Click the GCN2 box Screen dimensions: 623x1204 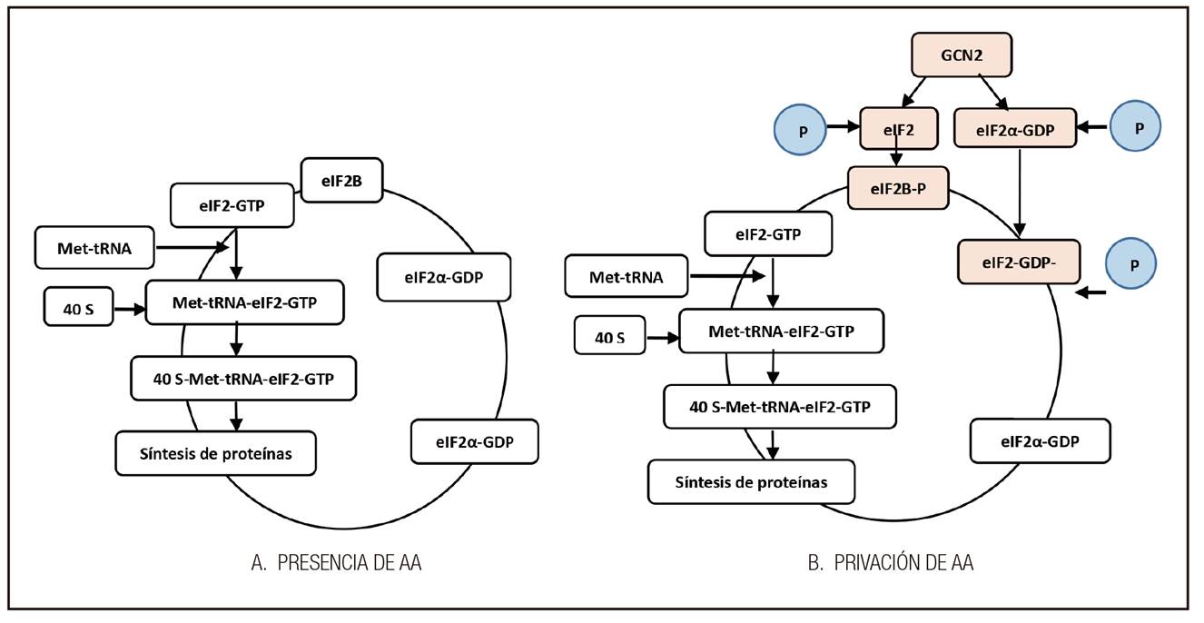coord(961,59)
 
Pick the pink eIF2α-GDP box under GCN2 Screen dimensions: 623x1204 coord(1015,128)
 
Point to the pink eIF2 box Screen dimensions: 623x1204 coord(897,128)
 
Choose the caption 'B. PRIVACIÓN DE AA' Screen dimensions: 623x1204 coord(891,563)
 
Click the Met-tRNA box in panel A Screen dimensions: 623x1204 coord(94,248)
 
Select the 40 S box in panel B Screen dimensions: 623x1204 coord(609,338)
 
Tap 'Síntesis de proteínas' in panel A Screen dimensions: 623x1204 coord(216,453)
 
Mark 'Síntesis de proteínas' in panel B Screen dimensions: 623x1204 coord(751,482)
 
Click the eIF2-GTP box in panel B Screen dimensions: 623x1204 coord(768,233)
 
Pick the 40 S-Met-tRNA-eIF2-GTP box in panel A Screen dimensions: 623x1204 coord(242,379)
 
